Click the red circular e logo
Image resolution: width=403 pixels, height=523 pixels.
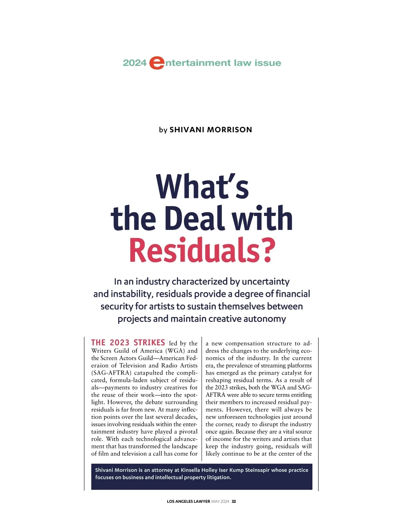[156, 63]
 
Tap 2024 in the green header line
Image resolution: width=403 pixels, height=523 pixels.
[135, 63]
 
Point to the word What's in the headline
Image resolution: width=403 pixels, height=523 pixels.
[203, 187]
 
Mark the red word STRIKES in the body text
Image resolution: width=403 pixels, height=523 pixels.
[149, 343]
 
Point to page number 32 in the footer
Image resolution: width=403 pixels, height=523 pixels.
[234, 502]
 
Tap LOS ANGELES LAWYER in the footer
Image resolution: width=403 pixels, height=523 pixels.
[188, 502]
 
